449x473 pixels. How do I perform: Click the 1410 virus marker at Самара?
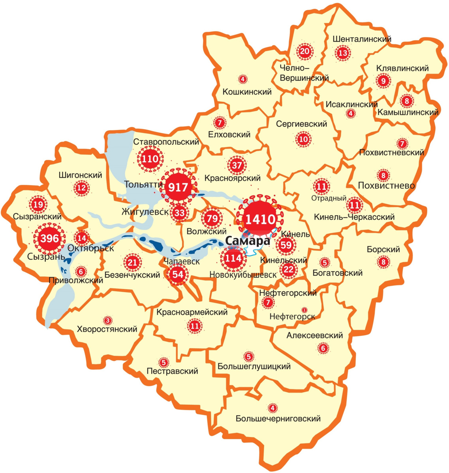(260, 219)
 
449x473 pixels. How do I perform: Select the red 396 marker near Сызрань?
(49, 238)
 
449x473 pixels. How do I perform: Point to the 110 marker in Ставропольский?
(150, 159)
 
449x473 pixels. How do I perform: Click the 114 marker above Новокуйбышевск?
(233, 258)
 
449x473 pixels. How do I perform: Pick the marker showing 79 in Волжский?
(212, 218)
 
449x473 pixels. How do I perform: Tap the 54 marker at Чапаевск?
(178, 274)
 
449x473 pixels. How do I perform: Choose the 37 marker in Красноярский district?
(237, 165)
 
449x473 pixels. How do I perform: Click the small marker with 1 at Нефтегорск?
(304, 309)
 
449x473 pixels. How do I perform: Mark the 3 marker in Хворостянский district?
(107, 319)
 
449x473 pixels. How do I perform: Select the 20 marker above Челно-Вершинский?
(304, 51)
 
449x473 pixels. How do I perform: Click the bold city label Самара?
(248, 241)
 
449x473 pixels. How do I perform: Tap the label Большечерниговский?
(278, 419)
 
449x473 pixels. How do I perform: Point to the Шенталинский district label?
(362, 39)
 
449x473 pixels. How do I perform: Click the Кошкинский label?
(247, 92)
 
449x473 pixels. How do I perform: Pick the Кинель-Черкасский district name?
(354, 217)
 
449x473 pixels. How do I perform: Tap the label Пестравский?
(172, 371)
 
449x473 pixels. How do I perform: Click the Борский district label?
(383, 250)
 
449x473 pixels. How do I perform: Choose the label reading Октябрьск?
(91, 248)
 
